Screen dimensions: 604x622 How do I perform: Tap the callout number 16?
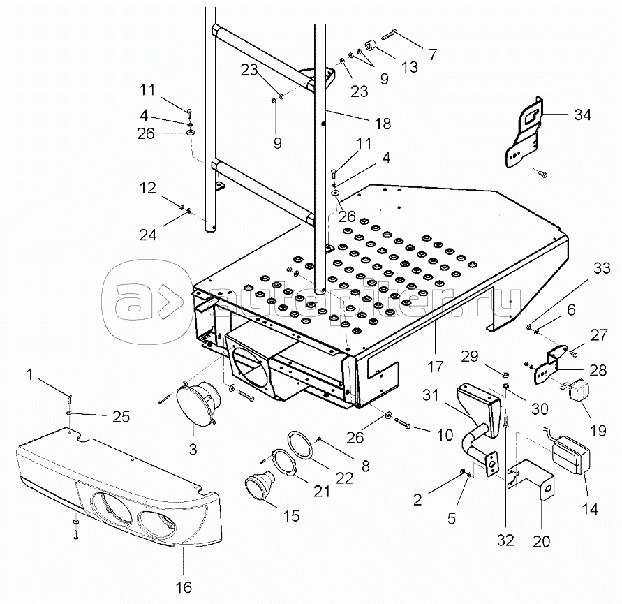point(184,588)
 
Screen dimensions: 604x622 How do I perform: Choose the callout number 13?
point(410,67)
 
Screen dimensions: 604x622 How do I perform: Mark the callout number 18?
point(382,124)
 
